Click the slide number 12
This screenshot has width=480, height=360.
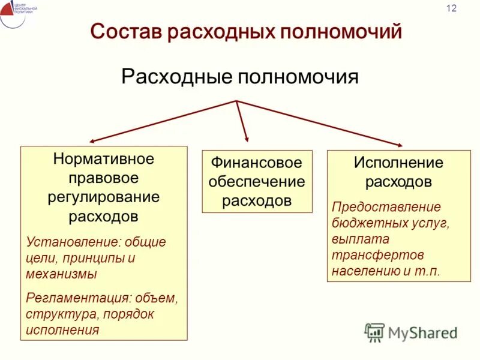[451, 8]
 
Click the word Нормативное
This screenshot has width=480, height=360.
[104, 159]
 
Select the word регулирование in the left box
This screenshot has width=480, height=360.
[104, 197]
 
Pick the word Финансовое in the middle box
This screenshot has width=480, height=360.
[257, 163]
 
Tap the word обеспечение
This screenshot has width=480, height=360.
[257, 181]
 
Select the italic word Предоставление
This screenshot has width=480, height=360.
[386, 207]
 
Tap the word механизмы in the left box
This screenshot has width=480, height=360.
[61, 274]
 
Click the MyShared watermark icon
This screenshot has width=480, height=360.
[375, 332]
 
